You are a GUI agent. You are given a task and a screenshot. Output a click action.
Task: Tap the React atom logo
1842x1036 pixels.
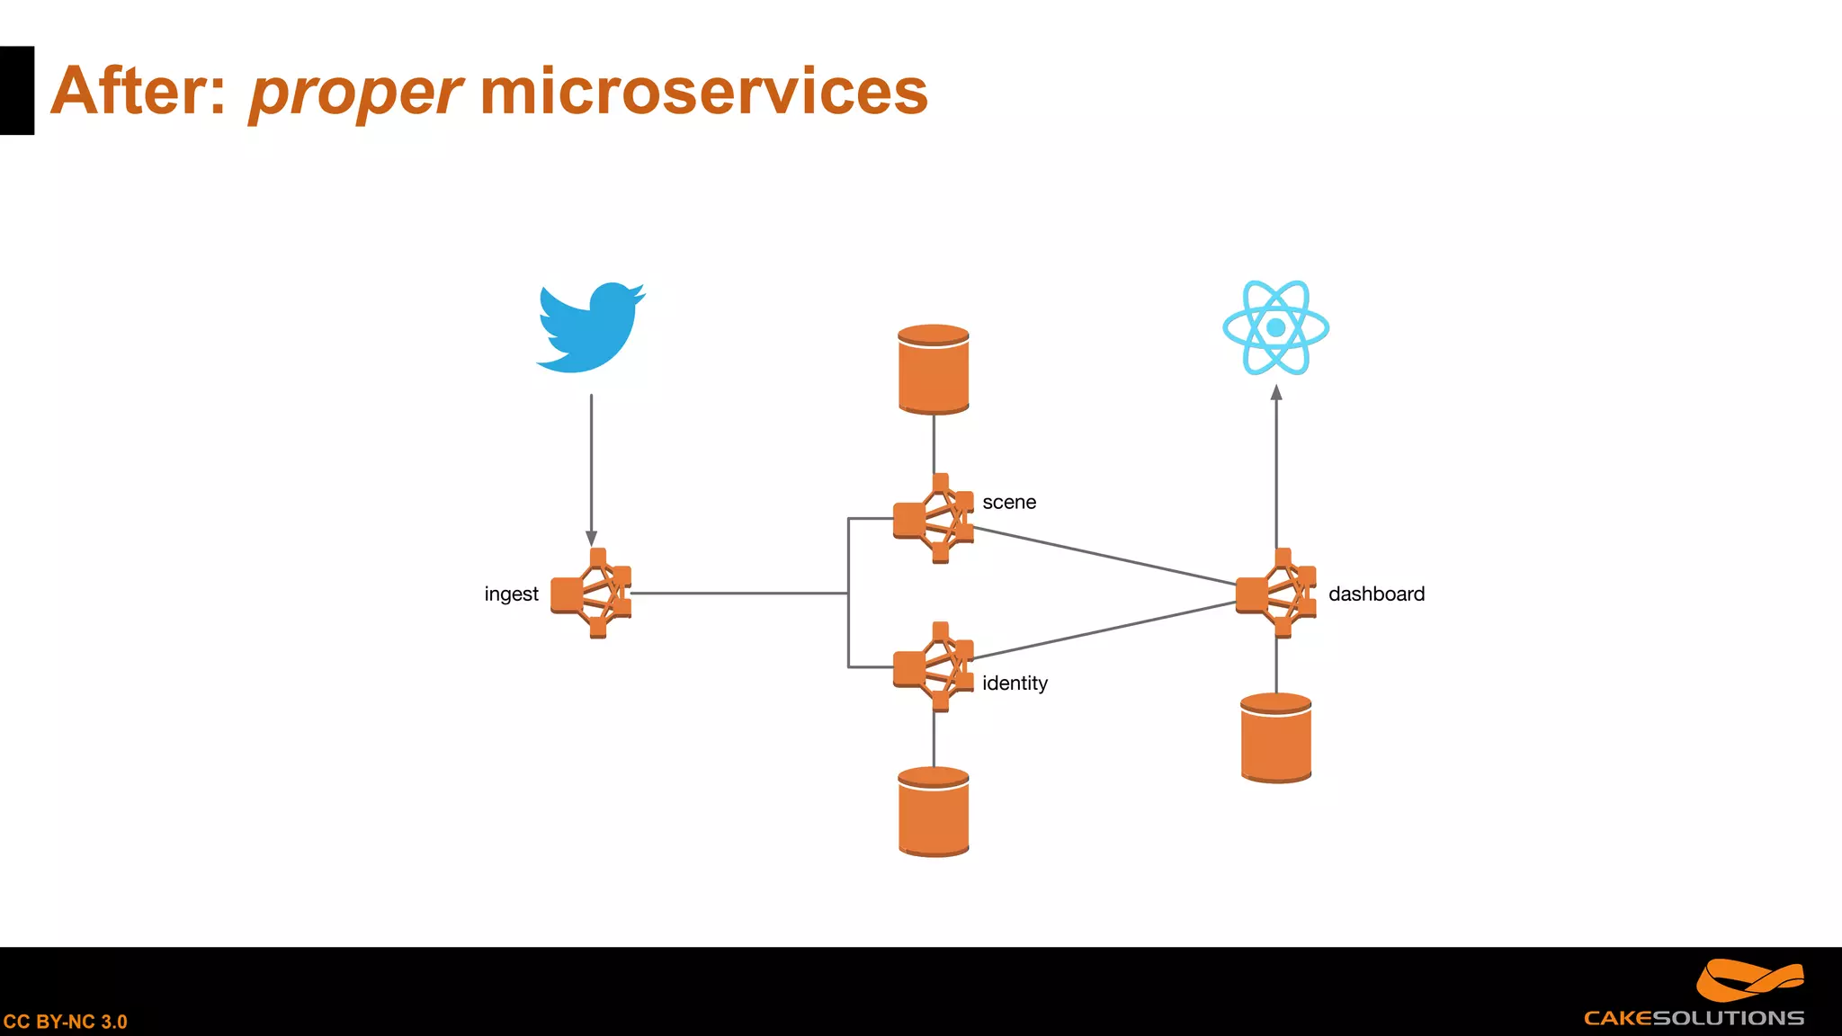(1275, 327)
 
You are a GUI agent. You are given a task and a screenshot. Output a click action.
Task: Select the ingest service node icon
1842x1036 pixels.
(591, 594)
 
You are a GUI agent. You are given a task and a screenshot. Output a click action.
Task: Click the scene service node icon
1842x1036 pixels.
(934, 519)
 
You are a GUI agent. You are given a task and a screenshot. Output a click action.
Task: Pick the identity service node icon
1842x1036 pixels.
(934, 667)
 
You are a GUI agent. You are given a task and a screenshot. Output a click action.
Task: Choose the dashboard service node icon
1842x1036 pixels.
(1275, 594)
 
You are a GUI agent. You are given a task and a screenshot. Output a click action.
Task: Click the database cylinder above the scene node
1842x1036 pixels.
(934, 370)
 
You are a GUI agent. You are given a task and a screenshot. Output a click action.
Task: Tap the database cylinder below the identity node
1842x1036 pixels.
(934, 812)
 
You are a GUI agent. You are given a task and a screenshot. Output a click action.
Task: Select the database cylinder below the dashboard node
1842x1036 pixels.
(1275, 738)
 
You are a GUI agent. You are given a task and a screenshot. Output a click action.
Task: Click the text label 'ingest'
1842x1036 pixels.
(511, 594)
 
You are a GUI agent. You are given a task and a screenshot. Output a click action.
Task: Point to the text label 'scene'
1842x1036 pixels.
(1009, 503)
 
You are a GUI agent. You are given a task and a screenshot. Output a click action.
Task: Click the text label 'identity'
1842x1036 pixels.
(1015, 683)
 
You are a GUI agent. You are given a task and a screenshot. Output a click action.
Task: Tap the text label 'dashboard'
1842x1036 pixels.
(1376, 594)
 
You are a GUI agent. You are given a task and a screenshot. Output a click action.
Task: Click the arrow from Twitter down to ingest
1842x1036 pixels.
(591, 468)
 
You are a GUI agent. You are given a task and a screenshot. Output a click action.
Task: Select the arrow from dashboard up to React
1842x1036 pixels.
(1276, 468)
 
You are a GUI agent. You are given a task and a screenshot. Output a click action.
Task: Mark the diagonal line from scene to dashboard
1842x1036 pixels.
(1104, 556)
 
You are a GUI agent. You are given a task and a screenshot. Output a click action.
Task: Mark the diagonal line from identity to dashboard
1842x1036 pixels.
(1104, 630)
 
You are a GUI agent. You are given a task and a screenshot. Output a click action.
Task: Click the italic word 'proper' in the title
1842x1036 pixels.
(354, 93)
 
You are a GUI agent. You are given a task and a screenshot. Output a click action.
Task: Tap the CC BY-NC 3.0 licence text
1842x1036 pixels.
(65, 1022)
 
